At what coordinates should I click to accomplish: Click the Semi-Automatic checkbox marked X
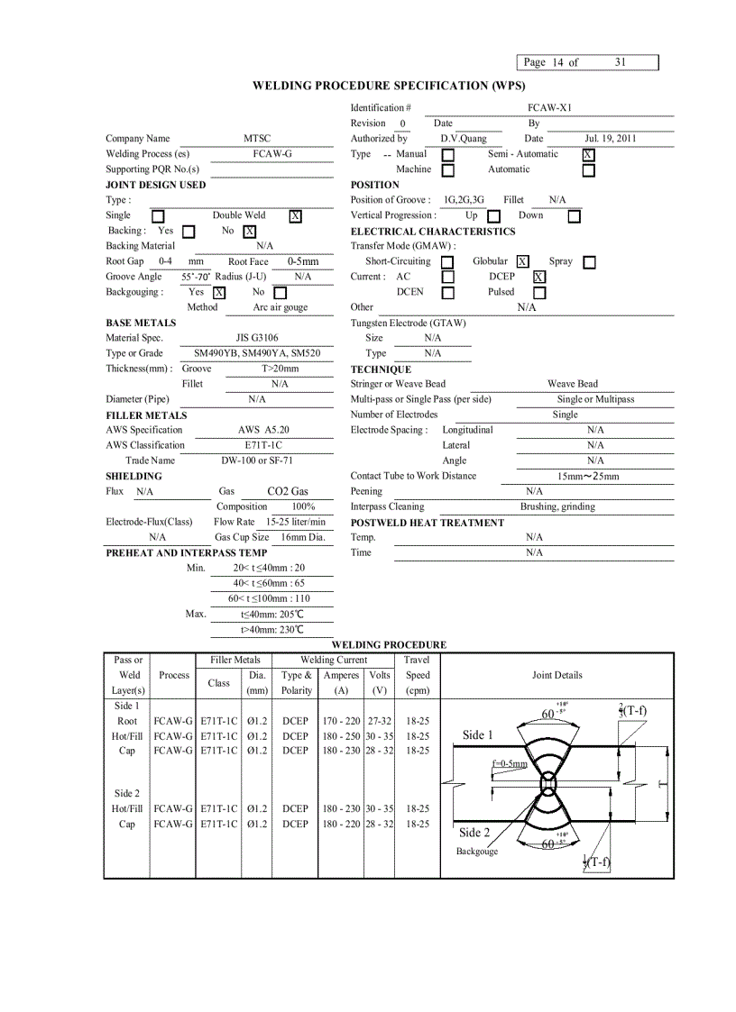point(588,154)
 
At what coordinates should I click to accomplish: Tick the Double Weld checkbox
point(295,216)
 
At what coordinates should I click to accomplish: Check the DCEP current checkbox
point(538,278)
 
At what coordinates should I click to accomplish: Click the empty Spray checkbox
point(589,262)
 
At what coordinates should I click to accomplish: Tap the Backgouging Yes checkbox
point(219,293)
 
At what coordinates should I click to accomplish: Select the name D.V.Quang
point(464,139)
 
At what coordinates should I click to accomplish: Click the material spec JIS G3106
point(263,338)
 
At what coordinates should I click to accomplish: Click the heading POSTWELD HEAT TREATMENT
point(427,523)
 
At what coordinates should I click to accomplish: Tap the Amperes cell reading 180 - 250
point(341,736)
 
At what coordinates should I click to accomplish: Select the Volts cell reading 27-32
point(379,721)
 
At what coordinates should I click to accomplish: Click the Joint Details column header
point(557,675)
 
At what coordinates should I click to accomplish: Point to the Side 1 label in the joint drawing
point(478,735)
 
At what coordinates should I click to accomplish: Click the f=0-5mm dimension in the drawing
point(509,764)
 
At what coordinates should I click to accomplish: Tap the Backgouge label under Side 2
point(476,852)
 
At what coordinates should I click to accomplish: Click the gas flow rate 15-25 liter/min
point(296,522)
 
